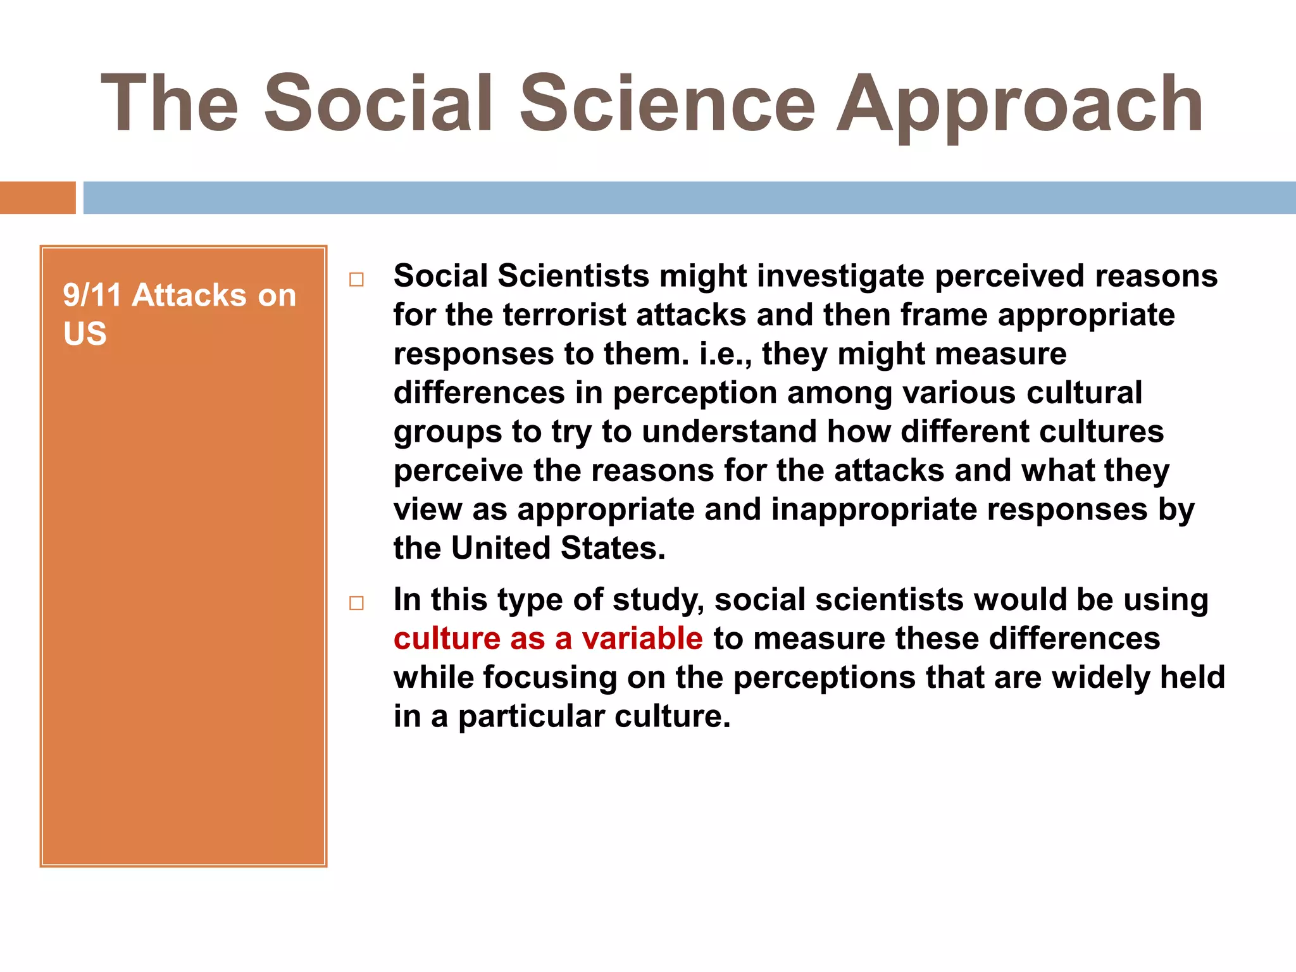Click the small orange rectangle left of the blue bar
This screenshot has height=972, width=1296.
(x=37, y=197)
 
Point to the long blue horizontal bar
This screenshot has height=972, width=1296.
(x=688, y=197)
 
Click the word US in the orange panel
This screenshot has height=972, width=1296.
(x=85, y=333)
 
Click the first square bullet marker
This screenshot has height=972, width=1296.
(x=357, y=280)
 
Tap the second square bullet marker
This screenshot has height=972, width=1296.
(x=357, y=603)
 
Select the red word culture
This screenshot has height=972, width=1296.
(x=447, y=639)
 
